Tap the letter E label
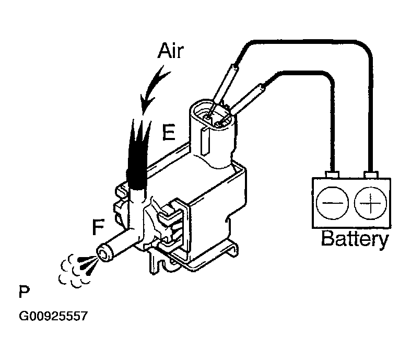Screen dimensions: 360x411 (168, 133)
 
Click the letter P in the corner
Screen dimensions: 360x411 (24, 291)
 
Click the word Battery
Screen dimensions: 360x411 (354, 239)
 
